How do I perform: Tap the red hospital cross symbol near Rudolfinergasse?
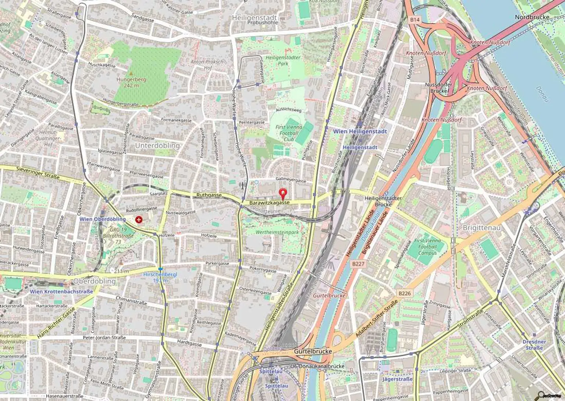(x=139, y=220)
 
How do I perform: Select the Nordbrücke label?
(x=532, y=17)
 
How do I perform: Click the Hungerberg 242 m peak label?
(x=131, y=82)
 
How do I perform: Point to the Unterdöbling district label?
(x=157, y=145)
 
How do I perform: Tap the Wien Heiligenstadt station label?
(x=360, y=131)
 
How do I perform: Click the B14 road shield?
(x=414, y=20)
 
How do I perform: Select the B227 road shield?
(x=358, y=264)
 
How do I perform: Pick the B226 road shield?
(x=404, y=293)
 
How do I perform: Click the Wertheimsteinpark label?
(x=277, y=232)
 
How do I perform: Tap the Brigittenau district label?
(x=482, y=228)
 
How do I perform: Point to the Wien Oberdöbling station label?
(x=103, y=219)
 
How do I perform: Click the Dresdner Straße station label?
(x=534, y=345)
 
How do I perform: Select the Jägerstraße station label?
(x=397, y=379)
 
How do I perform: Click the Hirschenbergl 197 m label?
(x=160, y=277)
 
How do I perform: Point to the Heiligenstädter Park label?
(x=283, y=60)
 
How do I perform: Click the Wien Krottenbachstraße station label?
(x=61, y=292)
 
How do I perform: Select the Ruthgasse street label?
(x=209, y=195)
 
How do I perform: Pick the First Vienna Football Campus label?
(x=427, y=247)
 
